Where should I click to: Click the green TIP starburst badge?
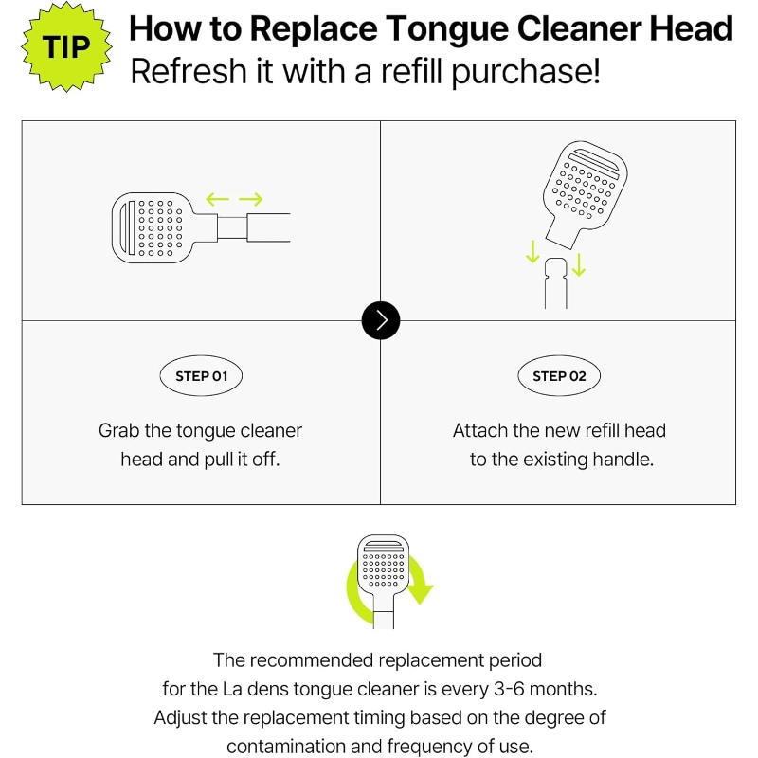pyautogui.click(x=66, y=46)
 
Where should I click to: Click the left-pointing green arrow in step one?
pyautogui.click(x=217, y=199)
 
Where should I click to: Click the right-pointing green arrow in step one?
pyautogui.click(x=251, y=199)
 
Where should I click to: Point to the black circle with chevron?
pyautogui.click(x=381, y=320)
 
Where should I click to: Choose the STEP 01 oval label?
pyautogui.click(x=201, y=376)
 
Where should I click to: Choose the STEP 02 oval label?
pyautogui.click(x=559, y=376)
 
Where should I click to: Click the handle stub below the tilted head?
pyautogui.click(x=556, y=283)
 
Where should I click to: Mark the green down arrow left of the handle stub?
pyautogui.click(x=532, y=251)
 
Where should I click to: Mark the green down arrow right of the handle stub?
pyautogui.click(x=579, y=265)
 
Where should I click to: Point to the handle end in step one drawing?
pyautogui.click(x=268, y=227)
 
